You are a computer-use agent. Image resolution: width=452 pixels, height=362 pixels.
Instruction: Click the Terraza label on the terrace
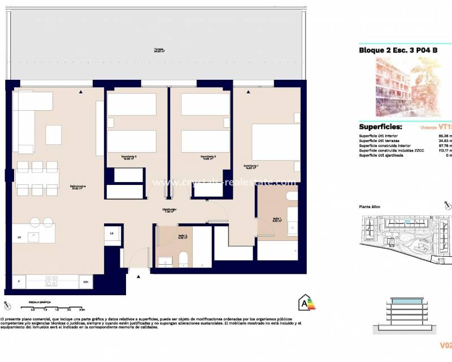(x=159, y=50)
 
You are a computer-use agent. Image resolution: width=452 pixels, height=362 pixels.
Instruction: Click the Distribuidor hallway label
(x=170, y=210)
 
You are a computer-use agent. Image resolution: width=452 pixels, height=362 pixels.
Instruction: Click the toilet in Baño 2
(x=182, y=260)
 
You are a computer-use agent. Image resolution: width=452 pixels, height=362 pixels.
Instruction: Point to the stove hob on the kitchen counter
(x=51, y=281)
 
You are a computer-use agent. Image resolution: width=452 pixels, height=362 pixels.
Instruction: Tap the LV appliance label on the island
(x=19, y=237)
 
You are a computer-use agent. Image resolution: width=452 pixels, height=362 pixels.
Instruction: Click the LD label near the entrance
(x=111, y=233)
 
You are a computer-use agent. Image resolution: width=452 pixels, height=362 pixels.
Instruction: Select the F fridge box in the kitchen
(x=19, y=281)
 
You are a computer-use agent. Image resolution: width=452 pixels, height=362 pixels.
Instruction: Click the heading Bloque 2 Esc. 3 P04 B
(x=398, y=50)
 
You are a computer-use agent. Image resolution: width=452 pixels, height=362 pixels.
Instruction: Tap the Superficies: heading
(x=380, y=127)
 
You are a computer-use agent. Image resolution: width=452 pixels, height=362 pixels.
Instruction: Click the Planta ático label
(x=370, y=207)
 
